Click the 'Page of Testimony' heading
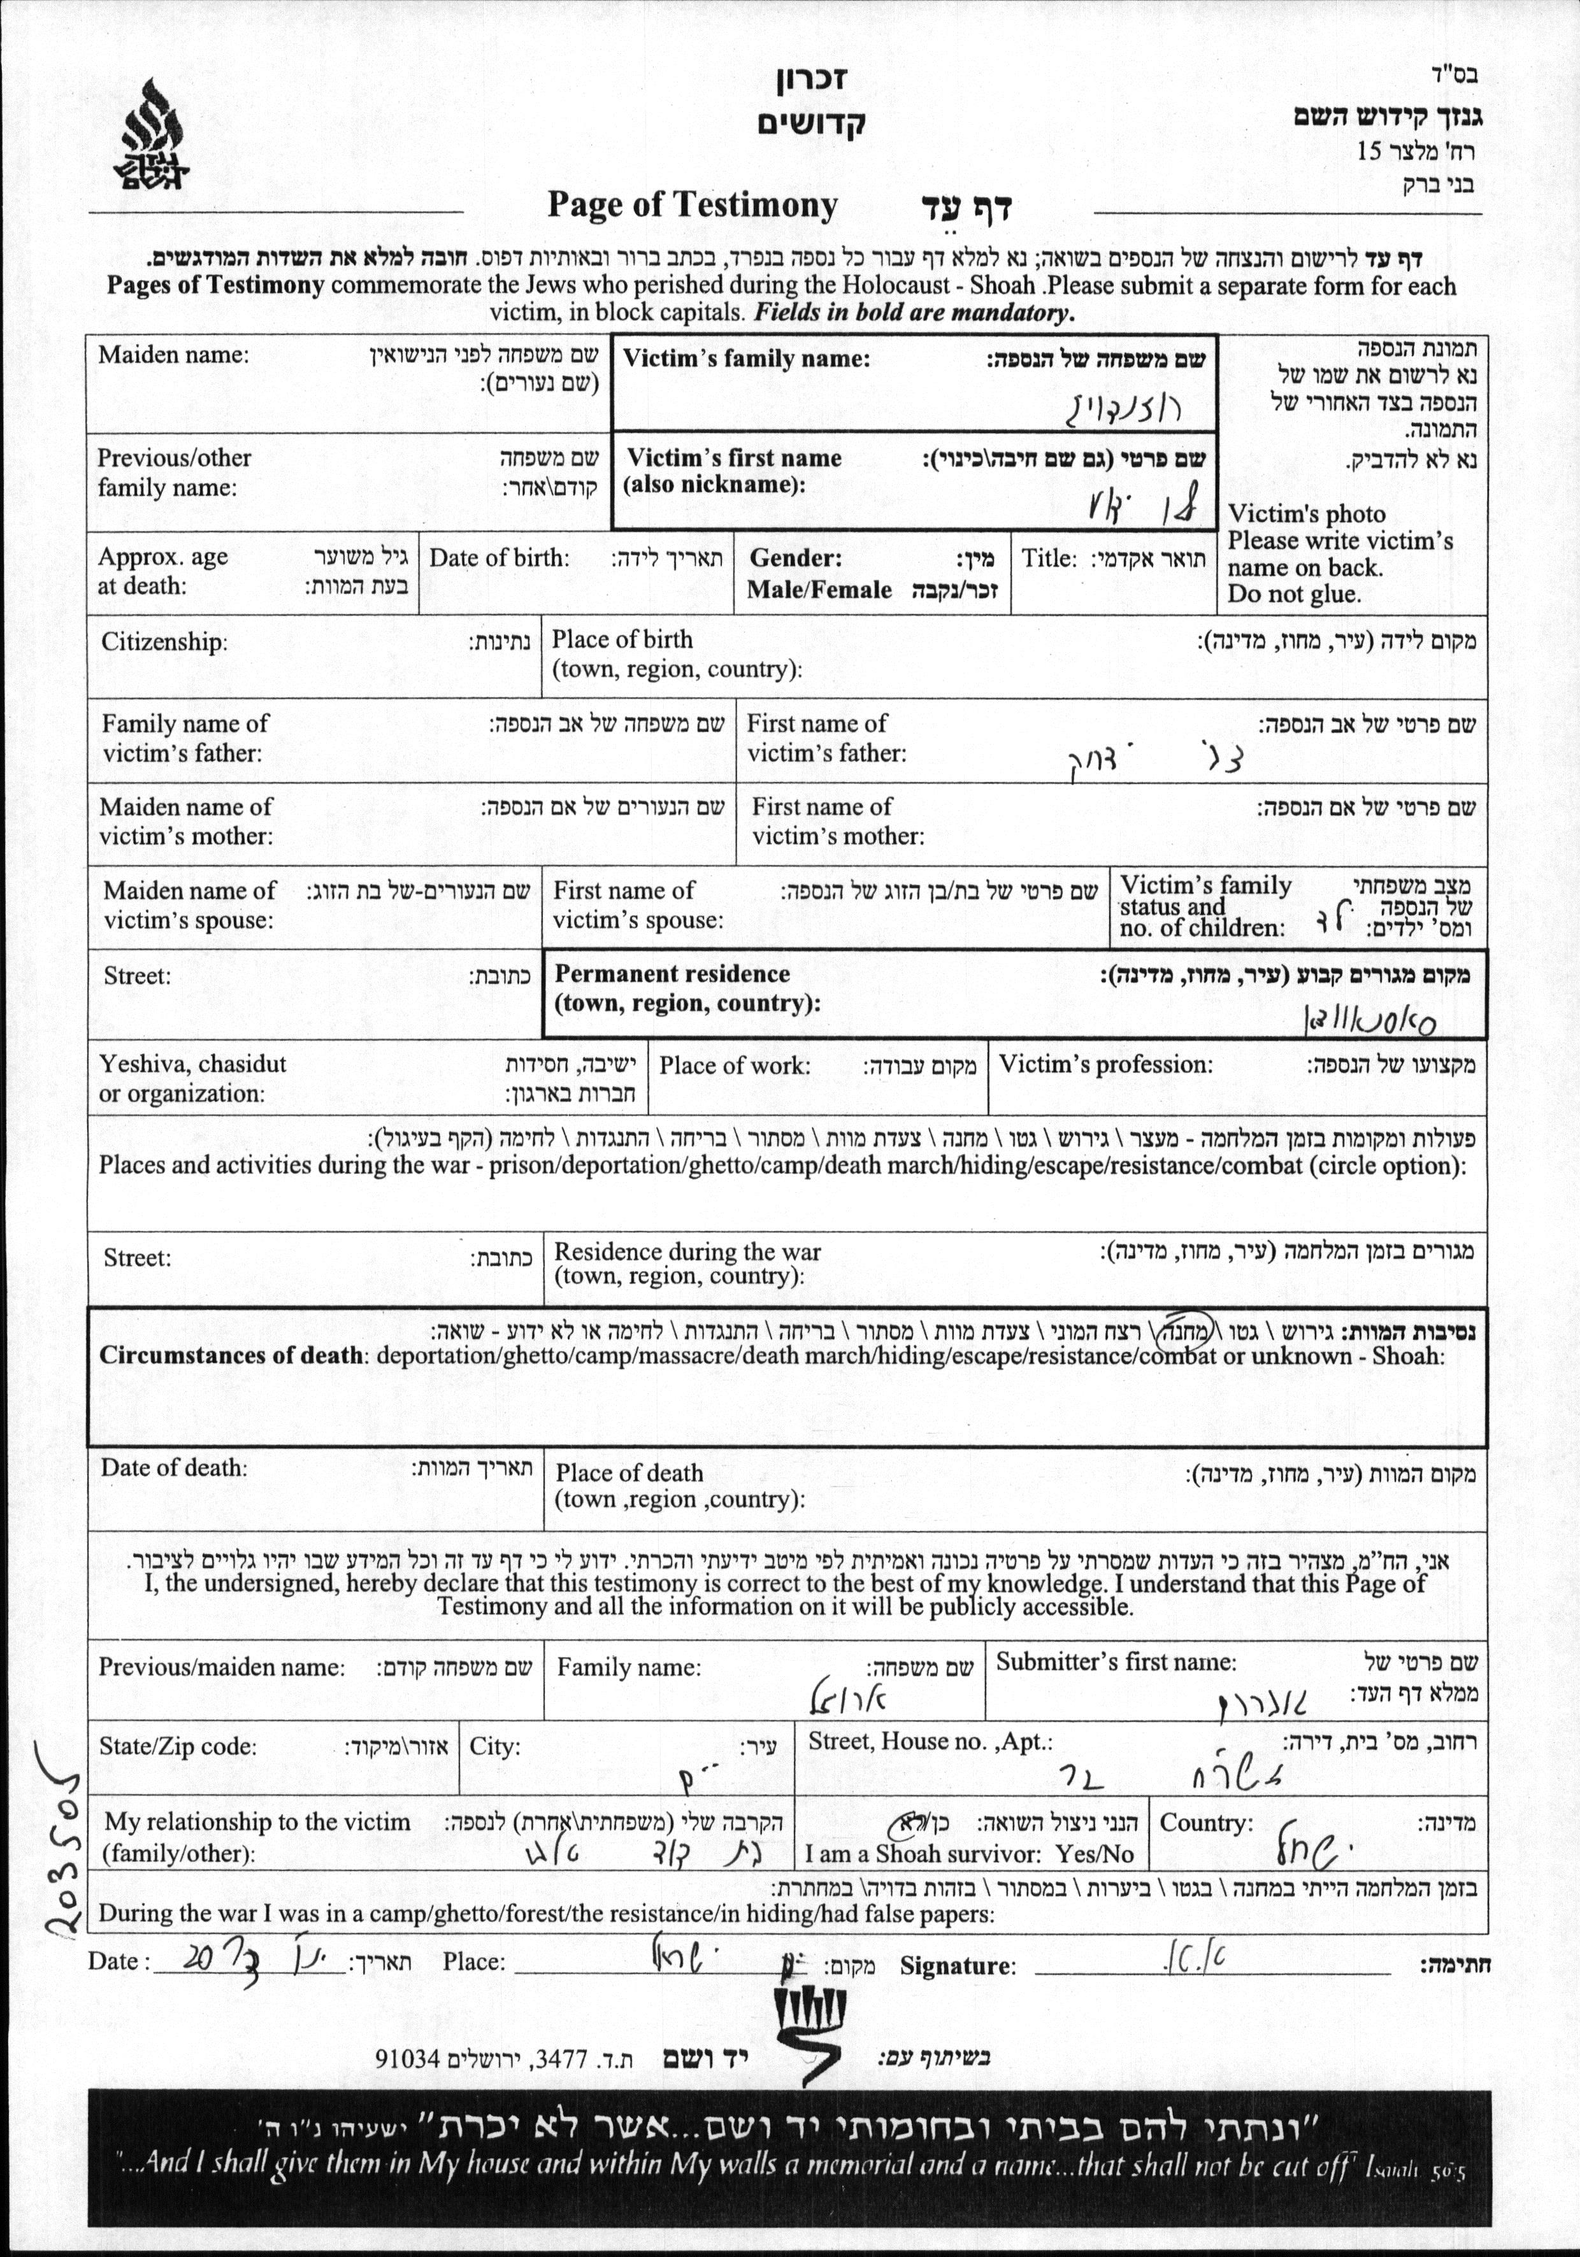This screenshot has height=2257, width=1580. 692,206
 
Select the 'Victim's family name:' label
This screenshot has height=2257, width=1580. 746,359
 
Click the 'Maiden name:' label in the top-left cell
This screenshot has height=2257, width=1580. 173,355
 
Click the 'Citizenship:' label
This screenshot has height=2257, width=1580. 164,642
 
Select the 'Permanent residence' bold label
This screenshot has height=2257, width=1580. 673,974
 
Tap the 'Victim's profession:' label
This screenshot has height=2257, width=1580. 1105,1065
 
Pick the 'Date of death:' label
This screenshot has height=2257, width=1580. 173,1468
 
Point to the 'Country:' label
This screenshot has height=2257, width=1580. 1207,1823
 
